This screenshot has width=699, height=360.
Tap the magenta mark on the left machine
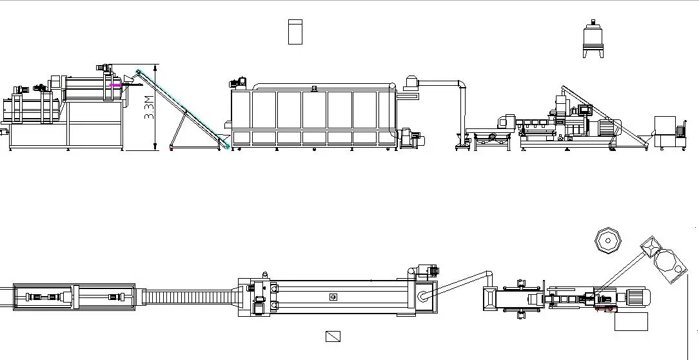[x=115, y=85]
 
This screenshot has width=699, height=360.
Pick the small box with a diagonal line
[x=333, y=336]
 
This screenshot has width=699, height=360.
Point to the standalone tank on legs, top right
[x=594, y=40]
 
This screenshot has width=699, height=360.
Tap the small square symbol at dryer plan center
[x=333, y=297]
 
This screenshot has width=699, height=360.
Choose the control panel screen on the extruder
[x=585, y=110]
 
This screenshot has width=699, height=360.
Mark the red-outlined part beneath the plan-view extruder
[x=604, y=309]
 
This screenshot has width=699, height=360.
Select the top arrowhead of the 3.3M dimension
[x=155, y=66]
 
